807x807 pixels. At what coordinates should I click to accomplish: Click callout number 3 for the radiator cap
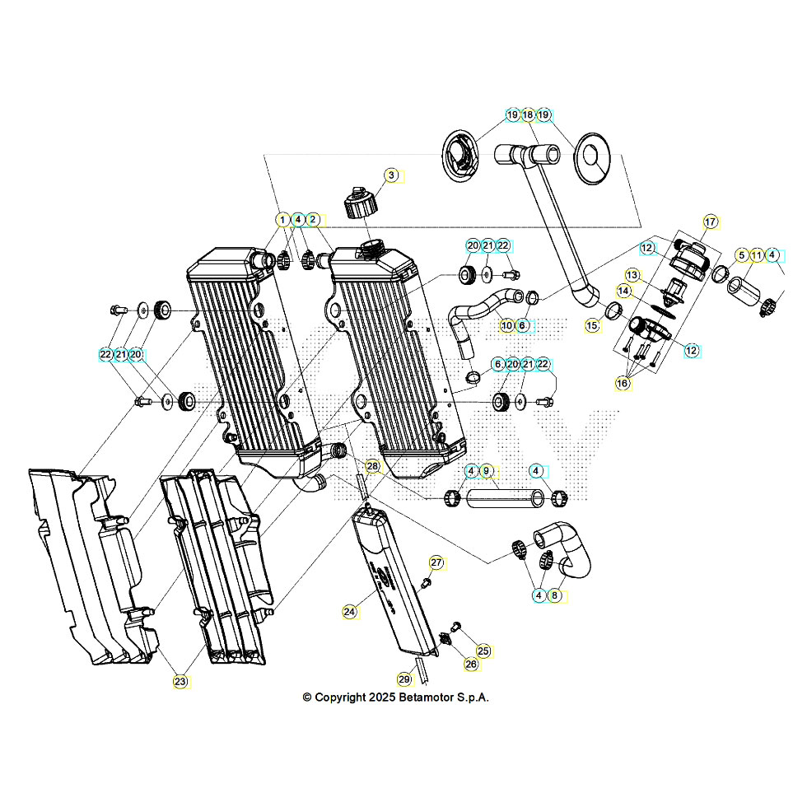tap(392, 175)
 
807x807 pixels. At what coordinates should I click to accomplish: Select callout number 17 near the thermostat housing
tap(711, 222)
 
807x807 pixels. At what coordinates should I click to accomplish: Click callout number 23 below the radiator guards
tap(180, 681)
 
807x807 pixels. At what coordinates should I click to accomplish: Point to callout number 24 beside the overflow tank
tap(350, 612)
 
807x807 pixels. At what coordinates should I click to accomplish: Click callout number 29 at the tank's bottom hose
tap(403, 679)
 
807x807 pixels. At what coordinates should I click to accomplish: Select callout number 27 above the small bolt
tap(436, 563)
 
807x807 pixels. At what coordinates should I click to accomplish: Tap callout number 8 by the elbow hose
tap(555, 595)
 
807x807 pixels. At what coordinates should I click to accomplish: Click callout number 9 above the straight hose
tap(486, 471)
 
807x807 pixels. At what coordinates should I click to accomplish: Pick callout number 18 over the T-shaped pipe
tap(528, 115)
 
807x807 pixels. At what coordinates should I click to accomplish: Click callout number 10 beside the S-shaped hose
tap(506, 325)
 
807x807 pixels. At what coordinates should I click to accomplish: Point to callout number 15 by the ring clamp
tap(592, 326)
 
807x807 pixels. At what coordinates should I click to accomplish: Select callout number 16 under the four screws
tap(623, 384)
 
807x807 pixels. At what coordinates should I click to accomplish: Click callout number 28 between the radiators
tap(373, 466)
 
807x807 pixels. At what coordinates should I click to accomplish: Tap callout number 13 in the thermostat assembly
tap(632, 274)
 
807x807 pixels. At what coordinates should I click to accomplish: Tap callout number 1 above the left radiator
tap(282, 220)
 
